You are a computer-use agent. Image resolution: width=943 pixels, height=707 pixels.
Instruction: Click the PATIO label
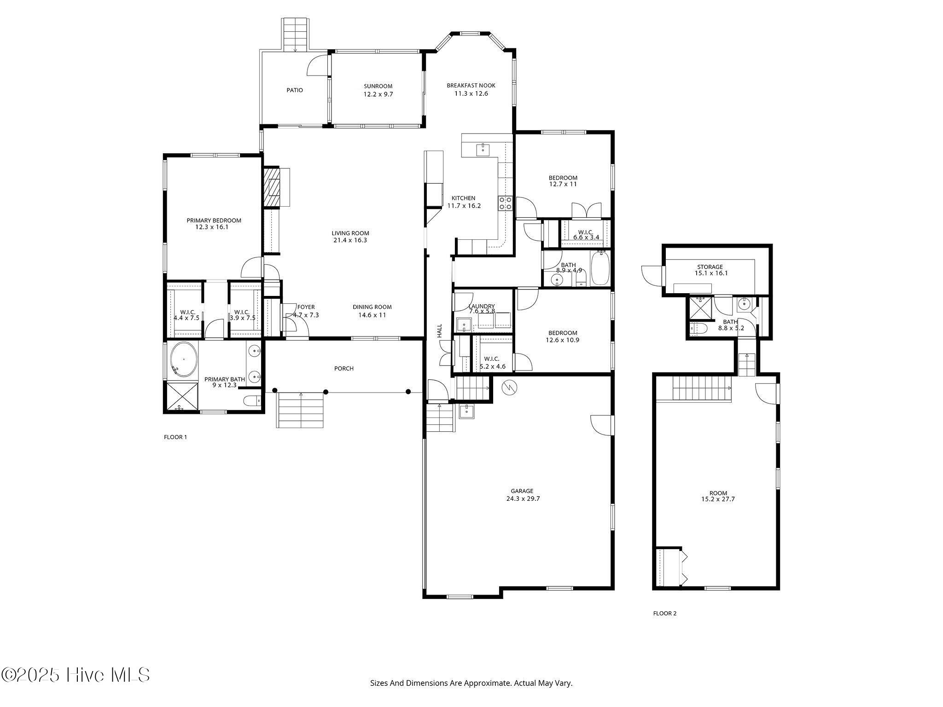295,90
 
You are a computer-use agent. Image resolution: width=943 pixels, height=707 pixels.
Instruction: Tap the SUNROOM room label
378,86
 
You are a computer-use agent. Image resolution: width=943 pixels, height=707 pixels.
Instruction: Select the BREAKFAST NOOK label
471,86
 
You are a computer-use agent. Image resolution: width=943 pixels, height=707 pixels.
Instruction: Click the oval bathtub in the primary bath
184,359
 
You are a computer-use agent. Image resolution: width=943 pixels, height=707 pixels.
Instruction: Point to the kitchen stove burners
505,203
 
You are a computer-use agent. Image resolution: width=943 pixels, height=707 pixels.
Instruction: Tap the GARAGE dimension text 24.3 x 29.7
523,498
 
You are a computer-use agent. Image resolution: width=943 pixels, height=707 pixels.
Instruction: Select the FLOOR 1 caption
175,437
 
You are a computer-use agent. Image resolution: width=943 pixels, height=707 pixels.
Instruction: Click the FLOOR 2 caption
665,613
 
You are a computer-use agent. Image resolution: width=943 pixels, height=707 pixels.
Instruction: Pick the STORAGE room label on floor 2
710,267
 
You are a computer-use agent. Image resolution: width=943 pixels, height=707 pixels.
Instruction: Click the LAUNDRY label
482,306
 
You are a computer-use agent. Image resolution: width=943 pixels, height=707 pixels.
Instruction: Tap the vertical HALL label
439,330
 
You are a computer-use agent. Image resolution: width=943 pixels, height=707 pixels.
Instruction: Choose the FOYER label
306,307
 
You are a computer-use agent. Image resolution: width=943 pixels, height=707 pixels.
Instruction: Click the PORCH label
344,369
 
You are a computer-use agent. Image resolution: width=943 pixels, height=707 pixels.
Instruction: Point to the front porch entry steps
301,410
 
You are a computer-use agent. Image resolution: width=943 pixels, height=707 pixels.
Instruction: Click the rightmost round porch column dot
408,392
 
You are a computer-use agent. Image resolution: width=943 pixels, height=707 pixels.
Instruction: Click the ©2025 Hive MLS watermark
76,675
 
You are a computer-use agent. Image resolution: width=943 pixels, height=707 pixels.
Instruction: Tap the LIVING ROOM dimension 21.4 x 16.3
350,240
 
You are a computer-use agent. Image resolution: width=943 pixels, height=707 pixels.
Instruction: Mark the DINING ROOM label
372,307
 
